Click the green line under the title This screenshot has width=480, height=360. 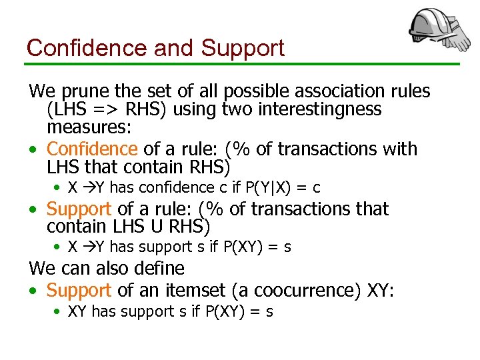[x=240, y=64]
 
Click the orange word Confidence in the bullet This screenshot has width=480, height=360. [x=92, y=149]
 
